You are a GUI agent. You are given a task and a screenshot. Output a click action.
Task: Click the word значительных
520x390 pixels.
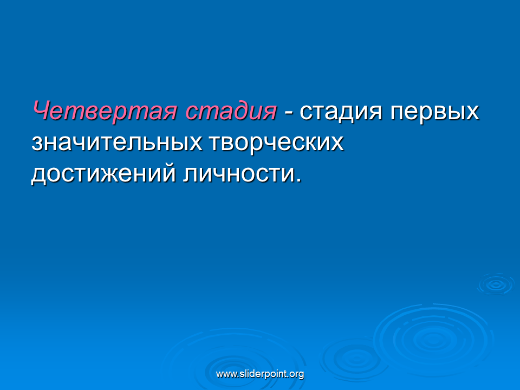[x=117, y=143]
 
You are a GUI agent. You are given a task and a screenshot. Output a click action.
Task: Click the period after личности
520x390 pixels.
[x=299, y=180]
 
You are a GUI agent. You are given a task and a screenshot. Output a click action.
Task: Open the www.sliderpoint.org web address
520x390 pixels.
[x=260, y=374]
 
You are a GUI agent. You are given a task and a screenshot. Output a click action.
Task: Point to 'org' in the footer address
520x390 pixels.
[x=296, y=375]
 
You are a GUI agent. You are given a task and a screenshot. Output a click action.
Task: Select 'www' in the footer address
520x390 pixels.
[x=224, y=375]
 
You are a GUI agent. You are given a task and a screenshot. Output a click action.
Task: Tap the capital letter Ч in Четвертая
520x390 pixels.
[x=41, y=110]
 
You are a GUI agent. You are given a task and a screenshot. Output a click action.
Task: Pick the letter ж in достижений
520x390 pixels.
[x=108, y=174]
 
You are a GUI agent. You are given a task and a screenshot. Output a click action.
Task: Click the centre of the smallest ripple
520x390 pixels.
[x=496, y=284]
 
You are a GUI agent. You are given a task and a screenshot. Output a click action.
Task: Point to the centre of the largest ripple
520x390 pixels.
[x=433, y=340]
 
